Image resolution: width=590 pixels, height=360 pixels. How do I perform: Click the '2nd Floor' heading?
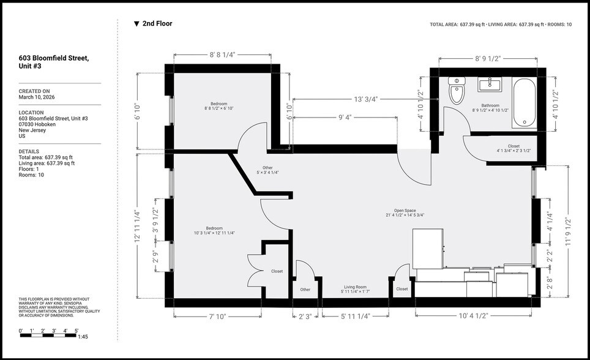click(157, 24)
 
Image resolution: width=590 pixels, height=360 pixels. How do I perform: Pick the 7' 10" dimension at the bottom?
click(217, 316)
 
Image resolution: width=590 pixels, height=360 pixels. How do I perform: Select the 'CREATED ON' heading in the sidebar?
click(34, 91)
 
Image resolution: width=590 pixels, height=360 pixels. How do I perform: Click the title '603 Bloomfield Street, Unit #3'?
click(53, 62)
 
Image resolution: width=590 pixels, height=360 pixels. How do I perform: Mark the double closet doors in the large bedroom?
click(254, 270)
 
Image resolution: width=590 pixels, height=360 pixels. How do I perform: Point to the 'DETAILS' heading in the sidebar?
click(29, 151)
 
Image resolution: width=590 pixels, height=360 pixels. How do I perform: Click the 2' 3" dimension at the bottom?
click(304, 316)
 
